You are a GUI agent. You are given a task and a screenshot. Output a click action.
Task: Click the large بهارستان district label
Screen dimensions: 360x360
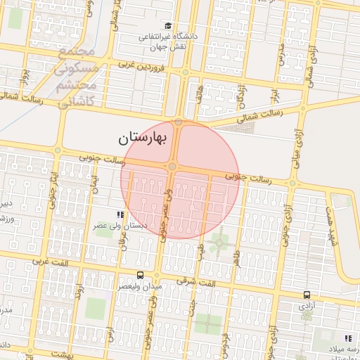(143, 138)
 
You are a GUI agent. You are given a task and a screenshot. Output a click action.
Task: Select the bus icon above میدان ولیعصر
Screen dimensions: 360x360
(140, 275)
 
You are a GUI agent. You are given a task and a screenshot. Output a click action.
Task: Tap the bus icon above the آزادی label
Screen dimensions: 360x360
(307, 295)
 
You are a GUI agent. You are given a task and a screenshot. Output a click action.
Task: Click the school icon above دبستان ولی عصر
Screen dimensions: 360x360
(120, 214)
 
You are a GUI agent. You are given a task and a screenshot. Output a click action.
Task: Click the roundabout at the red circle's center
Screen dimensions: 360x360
(172, 167)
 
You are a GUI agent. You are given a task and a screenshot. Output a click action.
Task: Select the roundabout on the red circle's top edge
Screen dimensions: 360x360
(179, 122)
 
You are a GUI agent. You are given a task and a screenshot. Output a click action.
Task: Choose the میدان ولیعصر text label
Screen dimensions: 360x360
(139, 286)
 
